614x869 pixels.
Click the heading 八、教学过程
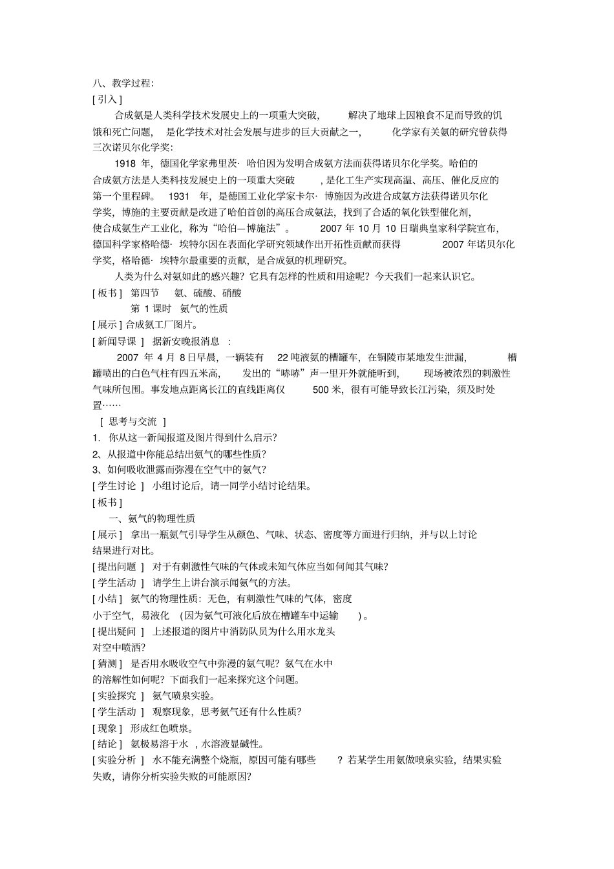coord(123,83)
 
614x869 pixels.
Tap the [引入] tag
coord(107,99)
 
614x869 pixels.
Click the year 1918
coord(125,164)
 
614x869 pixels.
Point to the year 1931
coord(178,196)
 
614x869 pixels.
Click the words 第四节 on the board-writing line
coord(145,293)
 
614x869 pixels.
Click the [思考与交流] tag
coord(133,422)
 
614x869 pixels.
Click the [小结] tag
coord(107,599)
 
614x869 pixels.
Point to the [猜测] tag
coord(107,664)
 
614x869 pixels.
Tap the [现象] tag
coord(107,728)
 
